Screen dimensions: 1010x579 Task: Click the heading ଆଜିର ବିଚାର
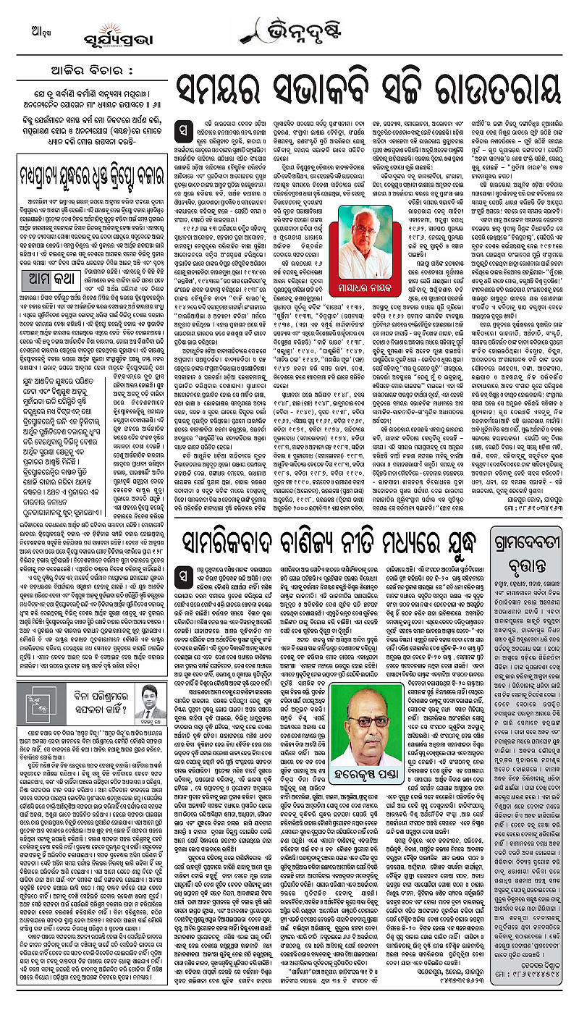(84, 71)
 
